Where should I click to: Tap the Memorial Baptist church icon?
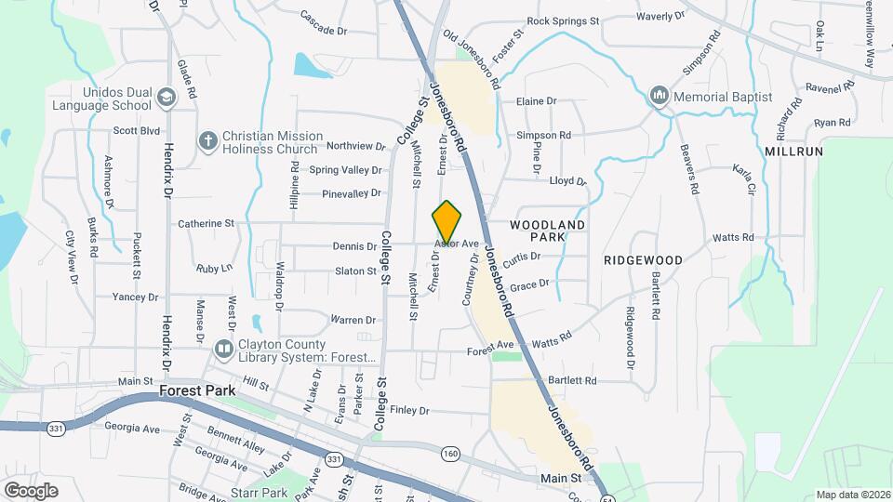click(660, 97)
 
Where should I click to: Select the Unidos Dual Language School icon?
click(167, 98)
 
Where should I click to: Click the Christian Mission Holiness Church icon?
click(208, 141)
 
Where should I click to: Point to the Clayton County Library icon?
click(223, 350)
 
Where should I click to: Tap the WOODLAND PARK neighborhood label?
click(548, 231)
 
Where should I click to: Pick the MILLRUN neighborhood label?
click(789, 151)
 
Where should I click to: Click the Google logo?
click(31, 490)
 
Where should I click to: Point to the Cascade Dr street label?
click(324, 30)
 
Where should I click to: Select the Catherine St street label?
click(206, 223)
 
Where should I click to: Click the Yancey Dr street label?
click(135, 297)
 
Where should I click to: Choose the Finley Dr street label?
click(409, 410)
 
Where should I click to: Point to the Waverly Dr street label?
click(660, 17)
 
